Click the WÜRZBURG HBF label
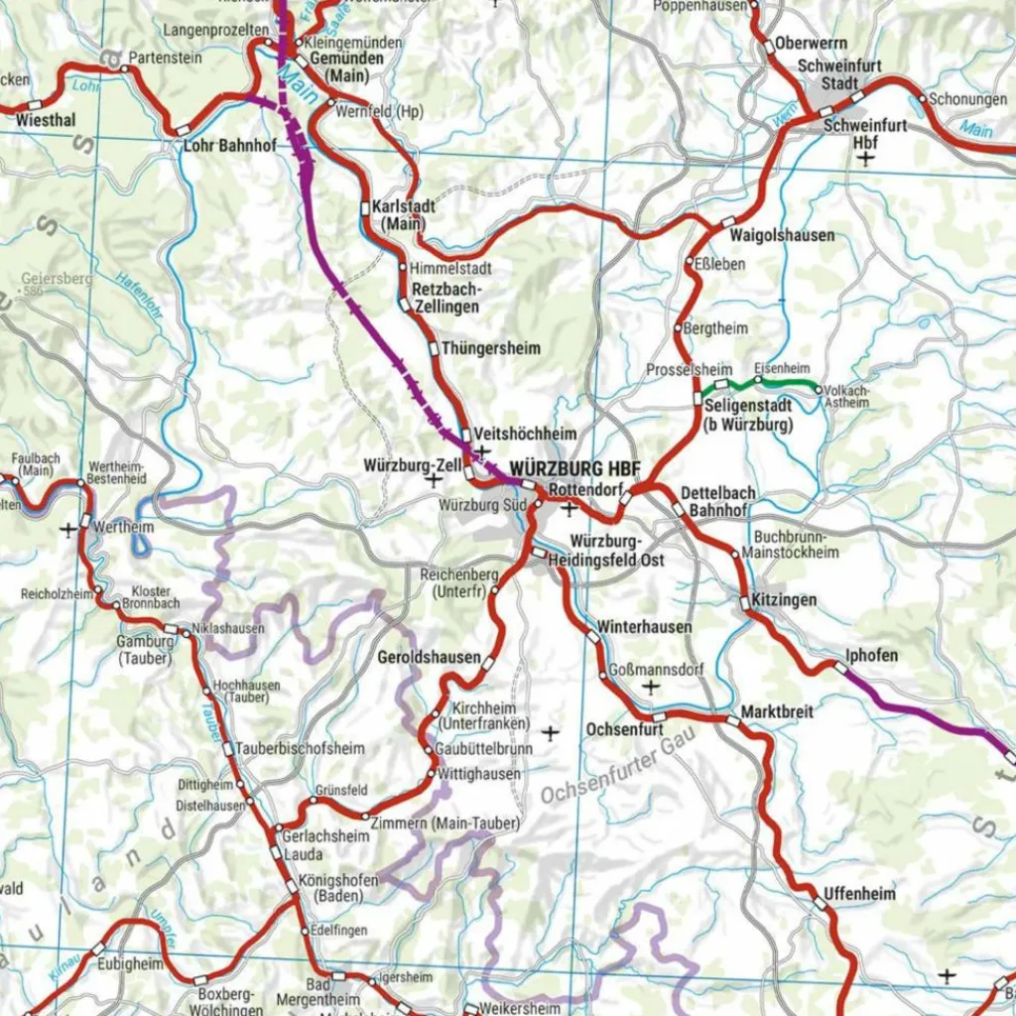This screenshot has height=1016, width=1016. point(574,468)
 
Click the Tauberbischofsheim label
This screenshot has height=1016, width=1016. point(286,748)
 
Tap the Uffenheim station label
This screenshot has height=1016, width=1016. point(859,894)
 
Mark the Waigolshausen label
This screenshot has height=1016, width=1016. point(782,236)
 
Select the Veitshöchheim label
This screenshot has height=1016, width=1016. point(525,435)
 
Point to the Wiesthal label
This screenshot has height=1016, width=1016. point(46,120)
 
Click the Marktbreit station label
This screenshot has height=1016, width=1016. point(777,712)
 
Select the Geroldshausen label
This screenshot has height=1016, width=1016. point(429,659)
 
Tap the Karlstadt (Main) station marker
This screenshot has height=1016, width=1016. point(365,208)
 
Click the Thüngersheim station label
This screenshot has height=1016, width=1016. point(491,348)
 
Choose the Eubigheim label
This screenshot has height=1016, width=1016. point(130,962)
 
